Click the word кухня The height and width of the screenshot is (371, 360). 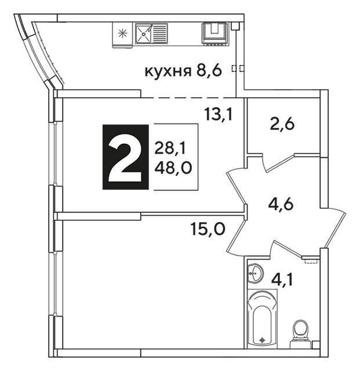[x=168, y=71]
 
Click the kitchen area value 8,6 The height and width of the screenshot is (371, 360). [x=209, y=70]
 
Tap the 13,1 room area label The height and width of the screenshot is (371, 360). [x=219, y=114]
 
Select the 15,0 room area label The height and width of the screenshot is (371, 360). [x=208, y=229]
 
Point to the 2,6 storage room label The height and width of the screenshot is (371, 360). [x=282, y=124]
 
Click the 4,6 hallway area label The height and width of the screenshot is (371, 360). [x=281, y=204]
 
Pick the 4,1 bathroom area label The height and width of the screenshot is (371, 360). [x=282, y=280]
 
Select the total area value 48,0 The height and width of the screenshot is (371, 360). [x=173, y=169]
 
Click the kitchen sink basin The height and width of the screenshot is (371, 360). [x=143, y=34]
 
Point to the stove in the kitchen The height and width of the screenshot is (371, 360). [x=215, y=33]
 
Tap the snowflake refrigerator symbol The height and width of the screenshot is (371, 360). [x=122, y=34]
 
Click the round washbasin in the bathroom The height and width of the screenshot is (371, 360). [x=255, y=273]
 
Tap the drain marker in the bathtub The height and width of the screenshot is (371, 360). [x=262, y=340]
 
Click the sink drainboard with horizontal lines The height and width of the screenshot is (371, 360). [x=159, y=34]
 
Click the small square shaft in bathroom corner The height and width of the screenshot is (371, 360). [x=316, y=344]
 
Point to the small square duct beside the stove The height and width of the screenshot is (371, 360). [x=235, y=26]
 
